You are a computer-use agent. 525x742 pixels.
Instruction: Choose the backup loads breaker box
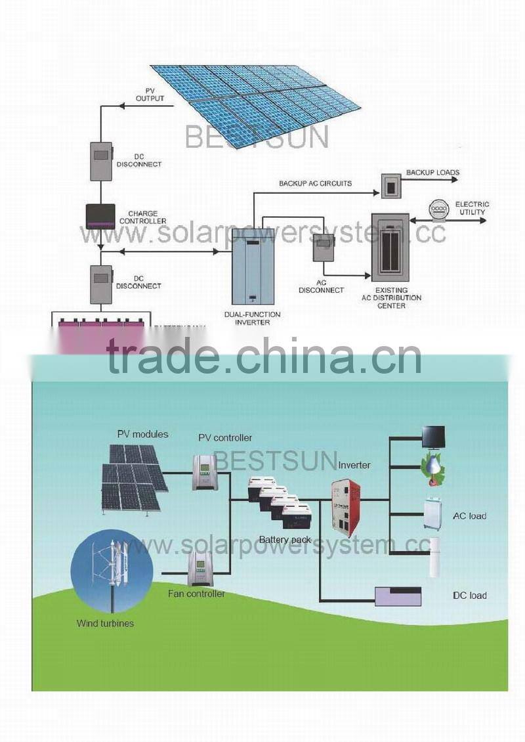[390, 185]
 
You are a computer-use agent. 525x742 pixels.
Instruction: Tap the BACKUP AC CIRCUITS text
[315, 183]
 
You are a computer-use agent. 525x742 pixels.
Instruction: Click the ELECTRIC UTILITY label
[471, 208]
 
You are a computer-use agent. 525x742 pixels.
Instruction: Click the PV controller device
[204, 472]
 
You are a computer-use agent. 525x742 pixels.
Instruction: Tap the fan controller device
[199, 569]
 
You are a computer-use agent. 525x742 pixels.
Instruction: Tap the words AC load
[469, 516]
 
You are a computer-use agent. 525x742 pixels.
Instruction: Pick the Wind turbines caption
[105, 623]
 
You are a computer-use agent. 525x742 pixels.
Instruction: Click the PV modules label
[142, 434]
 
